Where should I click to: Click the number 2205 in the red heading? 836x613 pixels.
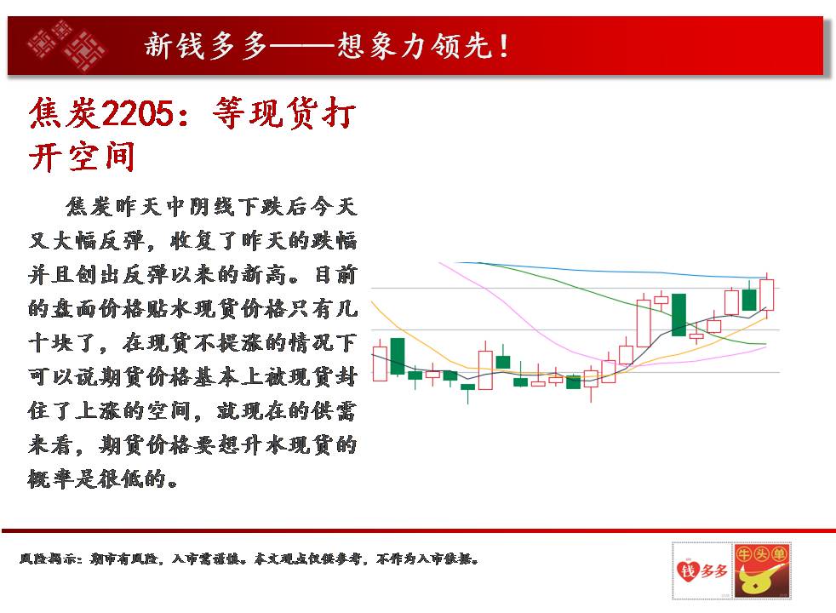point(138,113)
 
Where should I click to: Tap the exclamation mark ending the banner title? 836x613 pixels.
point(504,46)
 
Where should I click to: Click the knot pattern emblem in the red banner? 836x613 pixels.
point(66,45)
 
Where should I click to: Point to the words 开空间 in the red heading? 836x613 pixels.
point(82,157)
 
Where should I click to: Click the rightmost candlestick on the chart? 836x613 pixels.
point(767,295)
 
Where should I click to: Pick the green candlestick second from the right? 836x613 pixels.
point(749,300)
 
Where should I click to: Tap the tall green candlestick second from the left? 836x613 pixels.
point(398,356)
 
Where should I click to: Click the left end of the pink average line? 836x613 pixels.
point(438,262)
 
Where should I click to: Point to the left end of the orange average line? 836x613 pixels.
point(372,301)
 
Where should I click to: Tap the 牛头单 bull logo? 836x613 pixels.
point(762,570)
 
